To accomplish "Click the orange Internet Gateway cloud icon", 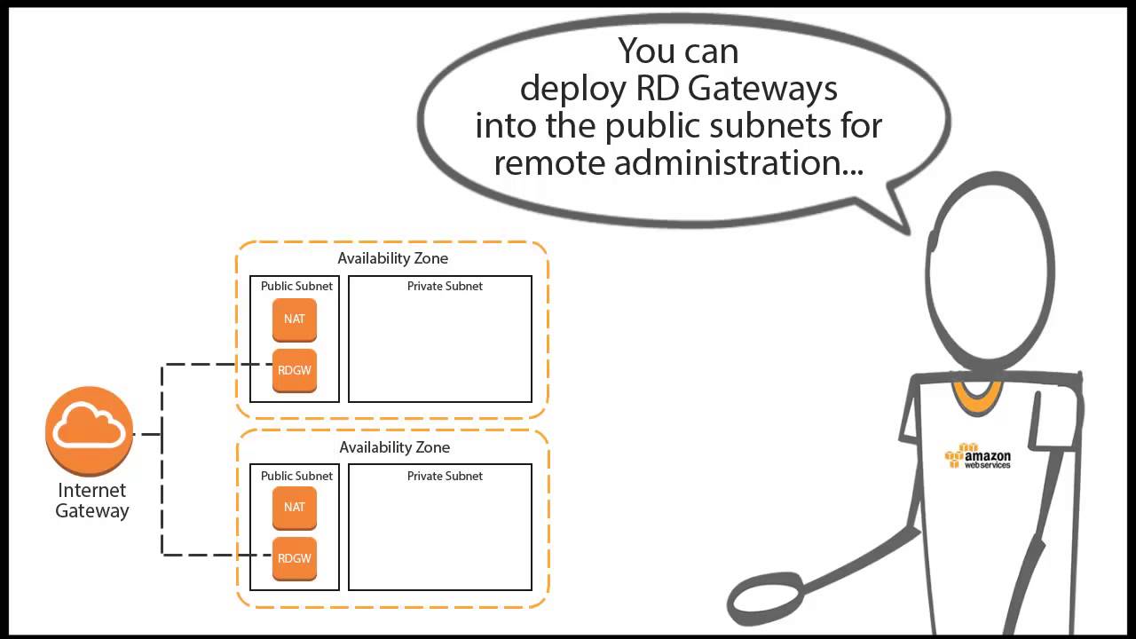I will click(x=90, y=430).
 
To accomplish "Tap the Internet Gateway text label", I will click(x=92, y=501).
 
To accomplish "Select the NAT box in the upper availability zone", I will click(x=295, y=319).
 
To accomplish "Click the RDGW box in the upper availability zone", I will click(x=295, y=370).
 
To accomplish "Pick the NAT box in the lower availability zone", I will click(x=295, y=508).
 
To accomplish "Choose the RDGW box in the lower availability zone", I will click(x=295, y=559).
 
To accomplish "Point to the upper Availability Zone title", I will click(x=392, y=258).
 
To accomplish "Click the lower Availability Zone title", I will click(x=394, y=447).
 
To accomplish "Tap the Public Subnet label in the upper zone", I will click(x=296, y=287).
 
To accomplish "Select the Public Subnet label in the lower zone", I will click(x=296, y=477).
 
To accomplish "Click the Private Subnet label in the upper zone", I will click(x=445, y=287).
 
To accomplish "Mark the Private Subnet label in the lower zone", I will click(x=445, y=477).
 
